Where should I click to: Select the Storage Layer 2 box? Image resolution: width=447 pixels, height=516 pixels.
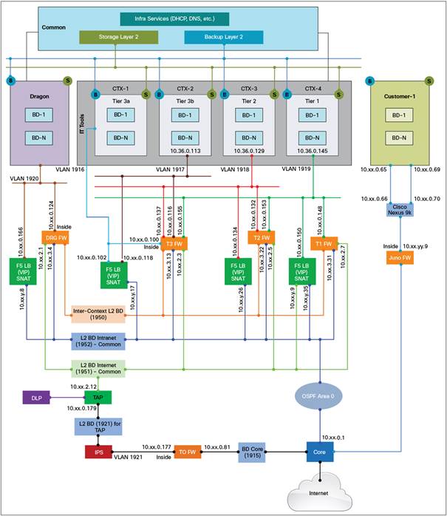click(112, 36)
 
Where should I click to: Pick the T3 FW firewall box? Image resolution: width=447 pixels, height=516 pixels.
click(174, 244)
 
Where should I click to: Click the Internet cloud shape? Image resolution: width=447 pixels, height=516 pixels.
click(320, 495)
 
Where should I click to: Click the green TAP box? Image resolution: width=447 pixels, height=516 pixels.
click(98, 398)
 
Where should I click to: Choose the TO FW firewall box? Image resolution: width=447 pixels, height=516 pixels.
click(188, 451)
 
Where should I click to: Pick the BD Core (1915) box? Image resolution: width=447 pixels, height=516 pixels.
click(253, 451)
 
